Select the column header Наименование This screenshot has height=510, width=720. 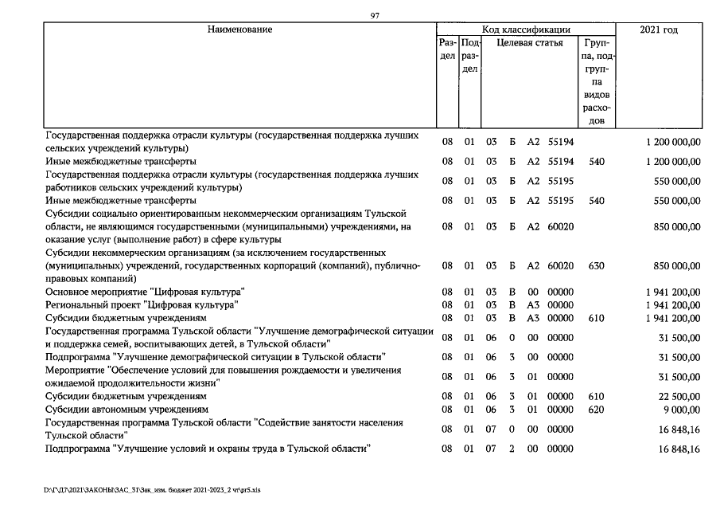(239, 29)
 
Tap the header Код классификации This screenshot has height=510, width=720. (526, 29)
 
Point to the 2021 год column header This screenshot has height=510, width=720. (659, 29)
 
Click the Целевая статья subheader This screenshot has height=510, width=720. (530, 43)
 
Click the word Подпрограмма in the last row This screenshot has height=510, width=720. (78, 449)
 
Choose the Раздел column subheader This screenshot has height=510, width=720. (447, 49)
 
